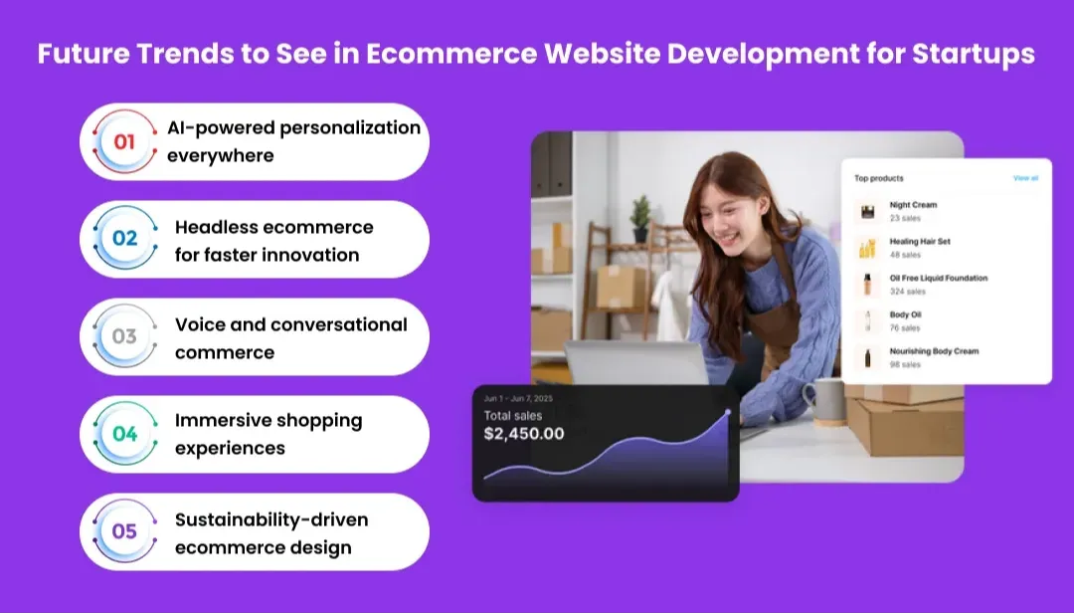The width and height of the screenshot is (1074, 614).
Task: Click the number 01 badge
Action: click(x=124, y=141)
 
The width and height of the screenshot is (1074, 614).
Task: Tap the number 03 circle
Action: click(x=124, y=336)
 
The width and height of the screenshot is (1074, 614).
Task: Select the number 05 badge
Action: click(x=124, y=531)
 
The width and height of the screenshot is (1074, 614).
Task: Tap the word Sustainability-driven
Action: click(x=271, y=519)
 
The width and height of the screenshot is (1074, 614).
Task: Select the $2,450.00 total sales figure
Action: click(x=524, y=434)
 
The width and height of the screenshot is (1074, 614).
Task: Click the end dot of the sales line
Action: click(x=728, y=411)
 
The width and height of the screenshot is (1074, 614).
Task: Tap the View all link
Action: click(x=1025, y=178)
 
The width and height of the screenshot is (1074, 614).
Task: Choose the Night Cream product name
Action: click(x=913, y=205)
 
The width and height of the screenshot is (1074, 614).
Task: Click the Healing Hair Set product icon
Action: click(x=868, y=248)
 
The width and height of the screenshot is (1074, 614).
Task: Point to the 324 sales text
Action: click(x=907, y=292)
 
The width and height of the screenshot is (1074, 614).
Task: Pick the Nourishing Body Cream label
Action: click(x=934, y=351)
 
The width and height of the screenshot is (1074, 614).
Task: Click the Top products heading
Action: click(x=879, y=178)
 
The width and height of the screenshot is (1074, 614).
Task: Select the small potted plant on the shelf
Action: click(x=641, y=215)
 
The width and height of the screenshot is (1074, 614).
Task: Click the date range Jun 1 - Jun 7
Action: click(x=518, y=398)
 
